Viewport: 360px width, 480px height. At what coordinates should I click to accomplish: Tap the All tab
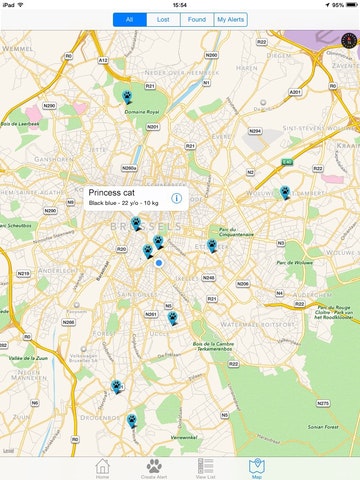coord(127,19)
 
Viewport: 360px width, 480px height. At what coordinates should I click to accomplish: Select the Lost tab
coord(163,19)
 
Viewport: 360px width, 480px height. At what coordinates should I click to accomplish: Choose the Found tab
coord(197,19)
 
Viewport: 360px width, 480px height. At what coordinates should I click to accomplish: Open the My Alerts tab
coord(231,19)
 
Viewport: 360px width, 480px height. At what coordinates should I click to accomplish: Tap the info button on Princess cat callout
coord(176,198)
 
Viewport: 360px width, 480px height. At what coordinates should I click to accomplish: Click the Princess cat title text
coord(111,192)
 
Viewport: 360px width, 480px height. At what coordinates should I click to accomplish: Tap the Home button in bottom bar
coord(102,469)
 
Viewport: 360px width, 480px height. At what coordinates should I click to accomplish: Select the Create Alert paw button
coord(154,469)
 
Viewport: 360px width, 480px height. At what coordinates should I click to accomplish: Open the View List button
coord(206,469)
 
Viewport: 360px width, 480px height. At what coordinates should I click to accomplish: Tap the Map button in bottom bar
coord(258,469)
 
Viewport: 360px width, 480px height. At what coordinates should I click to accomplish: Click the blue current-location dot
coord(158,263)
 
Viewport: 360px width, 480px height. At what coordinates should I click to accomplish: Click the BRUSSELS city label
coord(151,228)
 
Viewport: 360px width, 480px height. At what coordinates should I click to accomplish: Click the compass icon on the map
coord(346,41)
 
